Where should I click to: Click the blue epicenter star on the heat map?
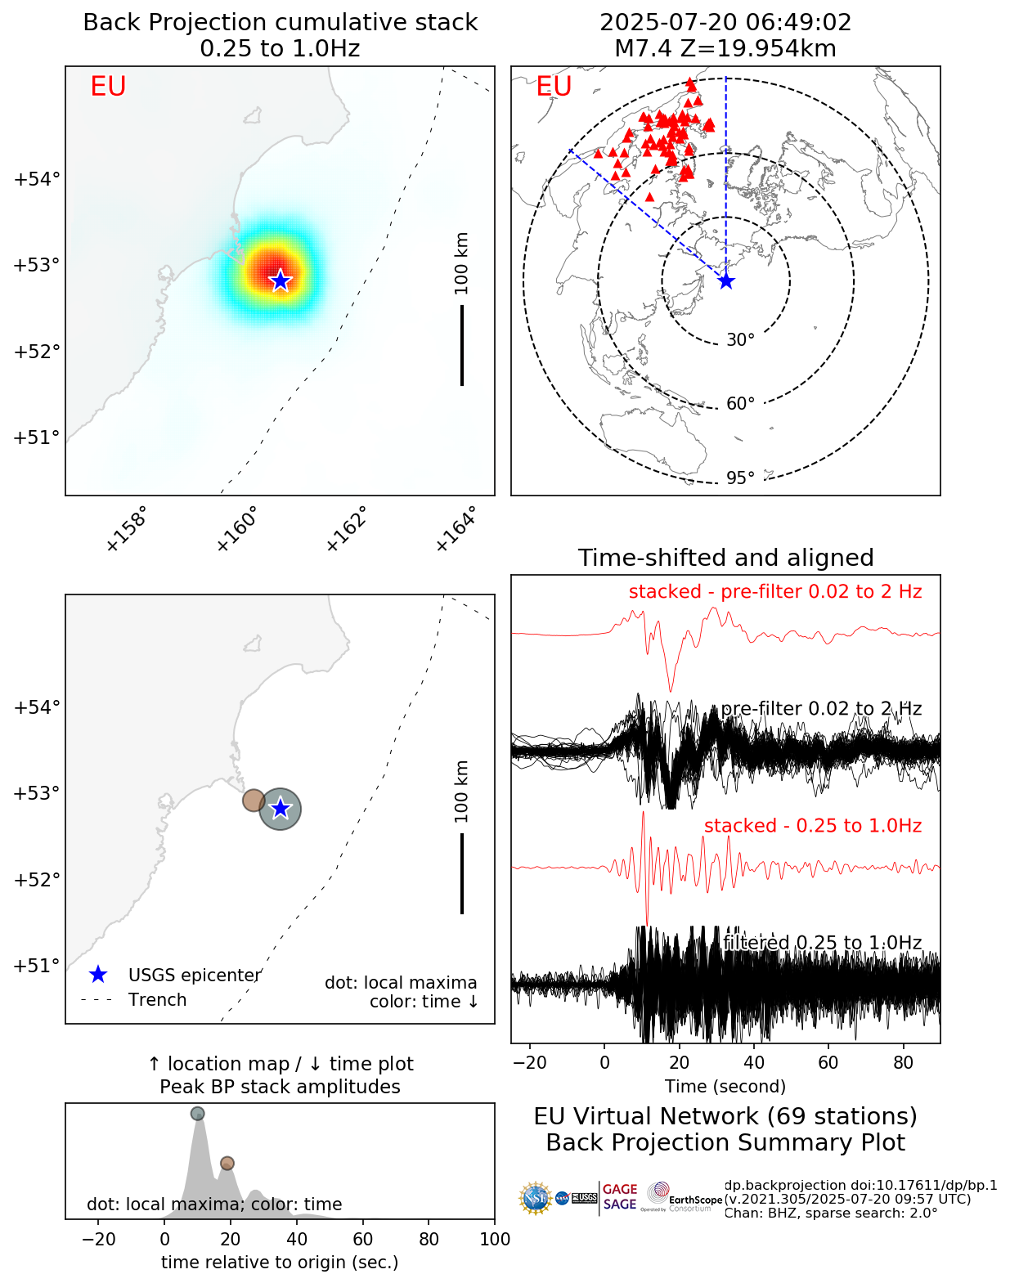(x=281, y=280)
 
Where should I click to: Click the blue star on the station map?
(x=726, y=281)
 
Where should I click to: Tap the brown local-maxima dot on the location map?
(x=254, y=800)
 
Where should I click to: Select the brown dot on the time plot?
(x=227, y=1163)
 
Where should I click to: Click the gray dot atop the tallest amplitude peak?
(x=197, y=1113)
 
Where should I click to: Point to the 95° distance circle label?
(x=740, y=478)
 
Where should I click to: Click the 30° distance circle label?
(x=740, y=340)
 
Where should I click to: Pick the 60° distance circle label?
(x=740, y=404)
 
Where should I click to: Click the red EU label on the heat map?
(x=108, y=87)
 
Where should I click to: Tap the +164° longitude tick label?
(x=456, y=529)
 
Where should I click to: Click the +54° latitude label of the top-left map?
(x=37, y=179)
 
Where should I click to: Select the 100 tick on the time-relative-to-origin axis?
(x=494, y=1239)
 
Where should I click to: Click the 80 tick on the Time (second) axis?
(x=903, y=1063)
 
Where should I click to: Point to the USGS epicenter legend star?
(x=98, y=975)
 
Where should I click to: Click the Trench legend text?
(x=157, y=1000)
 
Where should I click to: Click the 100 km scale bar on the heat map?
(x=462, y=344)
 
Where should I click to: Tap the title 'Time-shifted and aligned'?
(x=725, y=558)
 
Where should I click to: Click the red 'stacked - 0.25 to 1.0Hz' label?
(x=812, y=826)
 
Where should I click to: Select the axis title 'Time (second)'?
(x=725, y=1087)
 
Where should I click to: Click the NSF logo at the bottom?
(x=536, y=1198)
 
